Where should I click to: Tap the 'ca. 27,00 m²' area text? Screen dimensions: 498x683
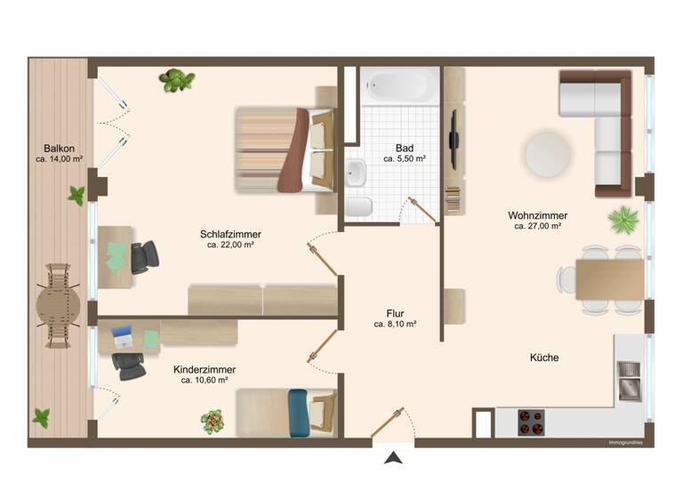(x=538, y=227)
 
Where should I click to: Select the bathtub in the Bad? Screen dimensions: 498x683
(x=399, y=86)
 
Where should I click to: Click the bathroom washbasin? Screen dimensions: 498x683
(x=357, y=173)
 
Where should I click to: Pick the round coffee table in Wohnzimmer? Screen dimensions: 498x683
(x=549, y=154)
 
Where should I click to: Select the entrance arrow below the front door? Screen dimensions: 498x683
(x=393, y=458)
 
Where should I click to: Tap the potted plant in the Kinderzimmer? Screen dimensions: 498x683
(x=212, y=421)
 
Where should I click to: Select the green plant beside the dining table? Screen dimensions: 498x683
(x=623, y=219)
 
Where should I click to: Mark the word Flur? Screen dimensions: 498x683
(x=396, y=313)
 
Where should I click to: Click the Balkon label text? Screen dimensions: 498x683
(x=59, y=149)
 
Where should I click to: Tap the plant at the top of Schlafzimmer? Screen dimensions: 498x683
(x=177, y=81)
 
